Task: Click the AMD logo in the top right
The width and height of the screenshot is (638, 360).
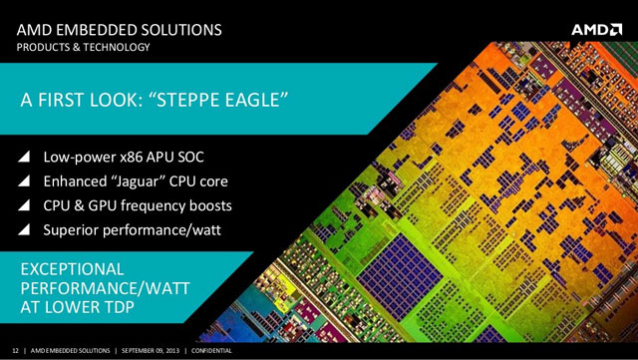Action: (596, 29)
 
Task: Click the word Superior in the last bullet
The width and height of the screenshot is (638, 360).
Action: (73, 231)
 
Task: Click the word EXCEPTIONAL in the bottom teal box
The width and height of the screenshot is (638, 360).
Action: (73, 269)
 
